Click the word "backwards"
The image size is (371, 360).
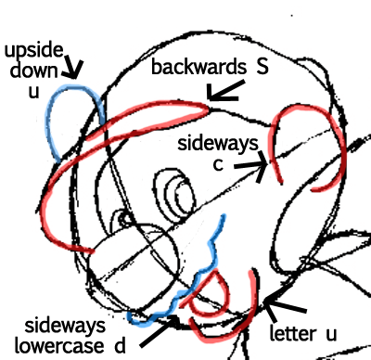tap(198, 67)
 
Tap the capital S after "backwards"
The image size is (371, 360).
tap(262, 67)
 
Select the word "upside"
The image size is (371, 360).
tap(34, 51)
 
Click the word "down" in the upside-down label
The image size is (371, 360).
tap(34, 71)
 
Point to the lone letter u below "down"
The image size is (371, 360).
tap(34, 92)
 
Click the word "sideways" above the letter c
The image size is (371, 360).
tap(218, 144)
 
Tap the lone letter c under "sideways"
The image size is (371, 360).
tap(218, 165)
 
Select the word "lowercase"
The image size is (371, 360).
tap(59, 346)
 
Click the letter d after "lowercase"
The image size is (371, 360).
tap(120, 346)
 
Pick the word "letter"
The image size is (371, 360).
tap(293, 334)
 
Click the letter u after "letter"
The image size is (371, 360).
tap(331, 335)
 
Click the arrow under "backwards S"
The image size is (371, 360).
tap(224, 92)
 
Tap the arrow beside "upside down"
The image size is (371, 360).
tap(73, 68)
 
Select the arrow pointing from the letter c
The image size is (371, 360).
tap(252, 166)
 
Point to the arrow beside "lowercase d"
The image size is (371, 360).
tap(160, 331)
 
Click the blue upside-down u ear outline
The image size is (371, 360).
tap(75, 87)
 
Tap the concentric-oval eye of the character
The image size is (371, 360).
tap(175, 196)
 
